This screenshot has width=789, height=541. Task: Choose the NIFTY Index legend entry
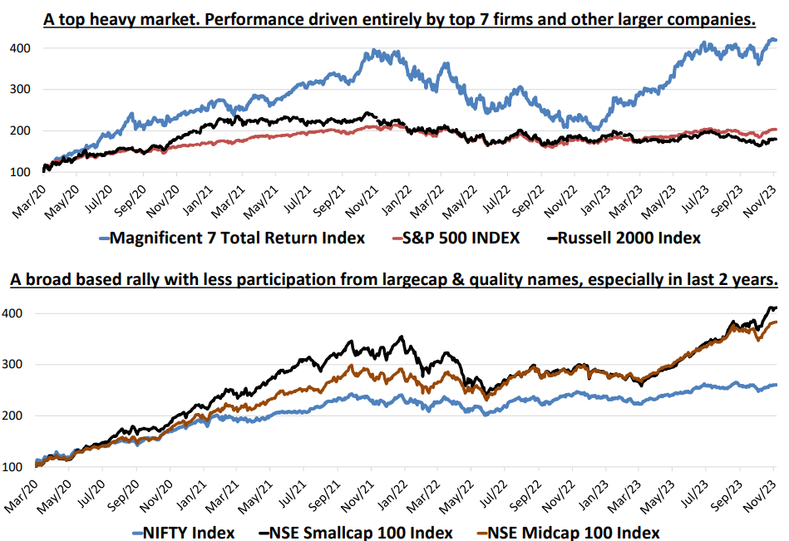click(x=184, y=532)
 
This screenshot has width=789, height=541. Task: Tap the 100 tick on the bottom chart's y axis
click(x=21, y=467)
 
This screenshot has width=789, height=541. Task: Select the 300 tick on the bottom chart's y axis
click(x=21, y=365)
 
